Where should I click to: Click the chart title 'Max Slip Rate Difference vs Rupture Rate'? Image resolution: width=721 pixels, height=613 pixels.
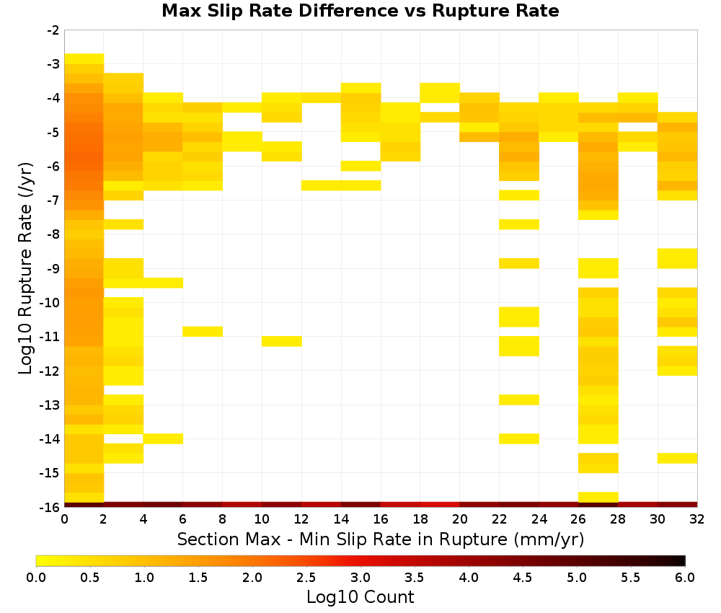[x=360, y=11]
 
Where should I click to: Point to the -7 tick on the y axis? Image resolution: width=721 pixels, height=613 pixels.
[x=53, y=200]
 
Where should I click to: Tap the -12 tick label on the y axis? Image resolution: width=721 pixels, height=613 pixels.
[x=50, y=371]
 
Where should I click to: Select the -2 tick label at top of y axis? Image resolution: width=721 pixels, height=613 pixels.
[x=53, y=30]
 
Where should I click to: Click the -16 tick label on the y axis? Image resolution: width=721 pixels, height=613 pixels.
[x=50, y=507]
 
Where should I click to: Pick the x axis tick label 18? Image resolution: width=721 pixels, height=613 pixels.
[x=420, y=519]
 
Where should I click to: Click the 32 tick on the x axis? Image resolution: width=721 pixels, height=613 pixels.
[x=697, y=519]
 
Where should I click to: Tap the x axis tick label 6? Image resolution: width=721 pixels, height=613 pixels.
[x=183, y=519]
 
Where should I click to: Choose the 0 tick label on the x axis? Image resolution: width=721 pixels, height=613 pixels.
[x=64, y=519]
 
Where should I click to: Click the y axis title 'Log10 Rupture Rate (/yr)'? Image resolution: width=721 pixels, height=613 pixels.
[x=25, y=268]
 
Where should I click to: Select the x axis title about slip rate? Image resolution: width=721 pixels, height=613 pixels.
[x=381, y=539]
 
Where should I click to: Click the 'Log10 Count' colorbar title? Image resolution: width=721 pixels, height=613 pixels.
[x=360, y=597]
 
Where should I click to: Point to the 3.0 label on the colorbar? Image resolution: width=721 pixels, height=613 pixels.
[x=360, y=577]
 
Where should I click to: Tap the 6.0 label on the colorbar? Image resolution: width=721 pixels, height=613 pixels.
[x=685, y=577]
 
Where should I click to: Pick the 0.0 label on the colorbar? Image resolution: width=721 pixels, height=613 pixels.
[x=36, y=577]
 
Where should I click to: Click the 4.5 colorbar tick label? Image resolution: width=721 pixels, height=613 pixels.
[x=523, y=577]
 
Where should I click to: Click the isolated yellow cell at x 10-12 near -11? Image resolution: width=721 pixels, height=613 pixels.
[x=282, y=341]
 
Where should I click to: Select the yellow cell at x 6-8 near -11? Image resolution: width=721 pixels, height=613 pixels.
[x=203, y=332]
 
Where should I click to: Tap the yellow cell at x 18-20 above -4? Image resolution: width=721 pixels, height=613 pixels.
[x=440, y=93]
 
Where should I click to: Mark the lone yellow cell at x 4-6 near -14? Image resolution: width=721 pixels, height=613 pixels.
[x=163, y=438]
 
